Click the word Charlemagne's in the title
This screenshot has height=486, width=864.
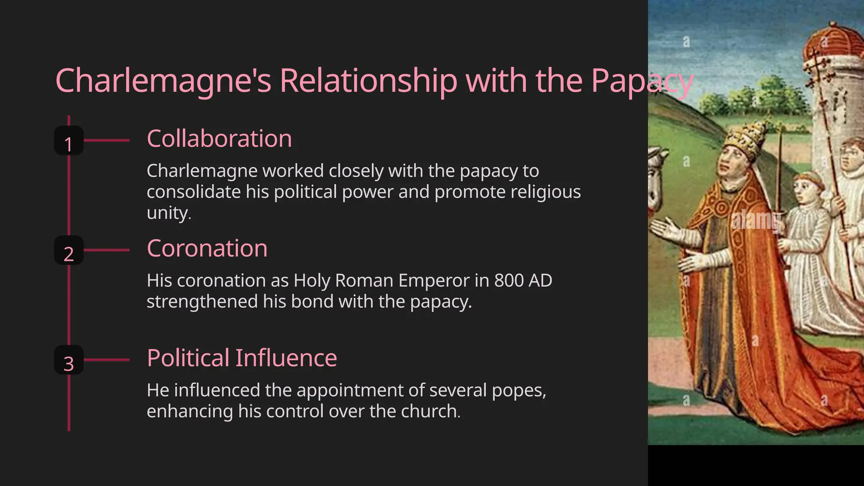click(x=163, y=81)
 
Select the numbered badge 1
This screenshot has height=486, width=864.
click(x=69, y=141)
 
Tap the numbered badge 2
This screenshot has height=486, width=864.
click(x=69, y=251)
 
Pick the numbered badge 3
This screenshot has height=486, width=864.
click(x=69, y=360)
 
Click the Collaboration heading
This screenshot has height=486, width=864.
click(x=219, y=139)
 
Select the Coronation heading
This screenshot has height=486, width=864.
click(x=207, y=248)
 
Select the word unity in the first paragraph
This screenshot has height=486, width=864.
click(x=168, y=213)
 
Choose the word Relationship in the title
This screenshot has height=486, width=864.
click(x=368, y=81)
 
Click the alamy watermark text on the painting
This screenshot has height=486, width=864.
click(x=756, y=220)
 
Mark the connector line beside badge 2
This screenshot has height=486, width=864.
click(x=107, y=250)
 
